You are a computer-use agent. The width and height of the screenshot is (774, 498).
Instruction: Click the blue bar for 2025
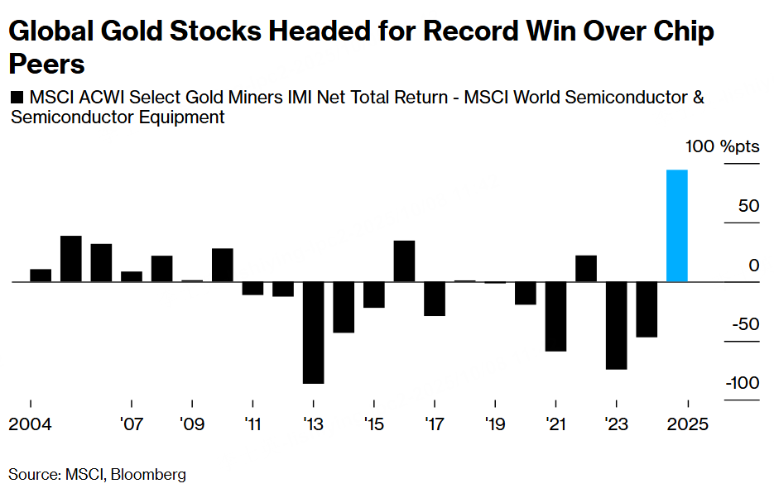click(x=677, y=226)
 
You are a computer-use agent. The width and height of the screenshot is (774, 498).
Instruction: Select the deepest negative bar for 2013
click(x=313, y=333)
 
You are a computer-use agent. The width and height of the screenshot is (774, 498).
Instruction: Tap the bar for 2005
click(x=70, y=259)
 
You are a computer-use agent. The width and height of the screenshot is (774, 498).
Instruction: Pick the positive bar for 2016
click(x=404, y=261)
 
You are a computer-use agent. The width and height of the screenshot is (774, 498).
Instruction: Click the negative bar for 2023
click(x=616, y=325)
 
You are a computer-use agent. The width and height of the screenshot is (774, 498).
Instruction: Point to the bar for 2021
click(x=555, y=316)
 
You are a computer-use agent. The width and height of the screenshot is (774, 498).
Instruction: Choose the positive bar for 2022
click(x=586, y=269)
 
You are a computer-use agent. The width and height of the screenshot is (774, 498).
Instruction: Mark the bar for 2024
click(x=647, y=309)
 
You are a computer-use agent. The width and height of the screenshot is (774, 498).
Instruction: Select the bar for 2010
click(x=223, y=266)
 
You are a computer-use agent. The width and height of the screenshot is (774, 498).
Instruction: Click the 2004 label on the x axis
click(x=31, y=424)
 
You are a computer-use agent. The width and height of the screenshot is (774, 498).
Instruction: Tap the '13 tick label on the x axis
click(x=313, y=424)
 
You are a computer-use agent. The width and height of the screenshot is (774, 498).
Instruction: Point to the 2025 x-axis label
click(x=688, y=424)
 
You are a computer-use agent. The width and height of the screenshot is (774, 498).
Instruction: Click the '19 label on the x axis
click(x=495, y=424)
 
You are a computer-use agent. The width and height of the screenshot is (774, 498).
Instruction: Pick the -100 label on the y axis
click(x=742, y=383)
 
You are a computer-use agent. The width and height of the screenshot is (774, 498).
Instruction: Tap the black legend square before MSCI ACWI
click(x=17, y=98)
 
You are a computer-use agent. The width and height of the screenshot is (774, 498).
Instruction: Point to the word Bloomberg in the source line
click(x=148, y=475)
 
